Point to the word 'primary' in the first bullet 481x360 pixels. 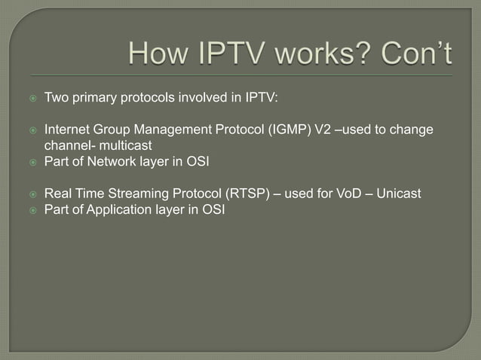pos(95,98)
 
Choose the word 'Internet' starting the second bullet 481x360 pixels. pos(68,130)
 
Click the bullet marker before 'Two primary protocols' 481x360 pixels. pos(32,99)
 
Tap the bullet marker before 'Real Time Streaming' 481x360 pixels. pos(32,195)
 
